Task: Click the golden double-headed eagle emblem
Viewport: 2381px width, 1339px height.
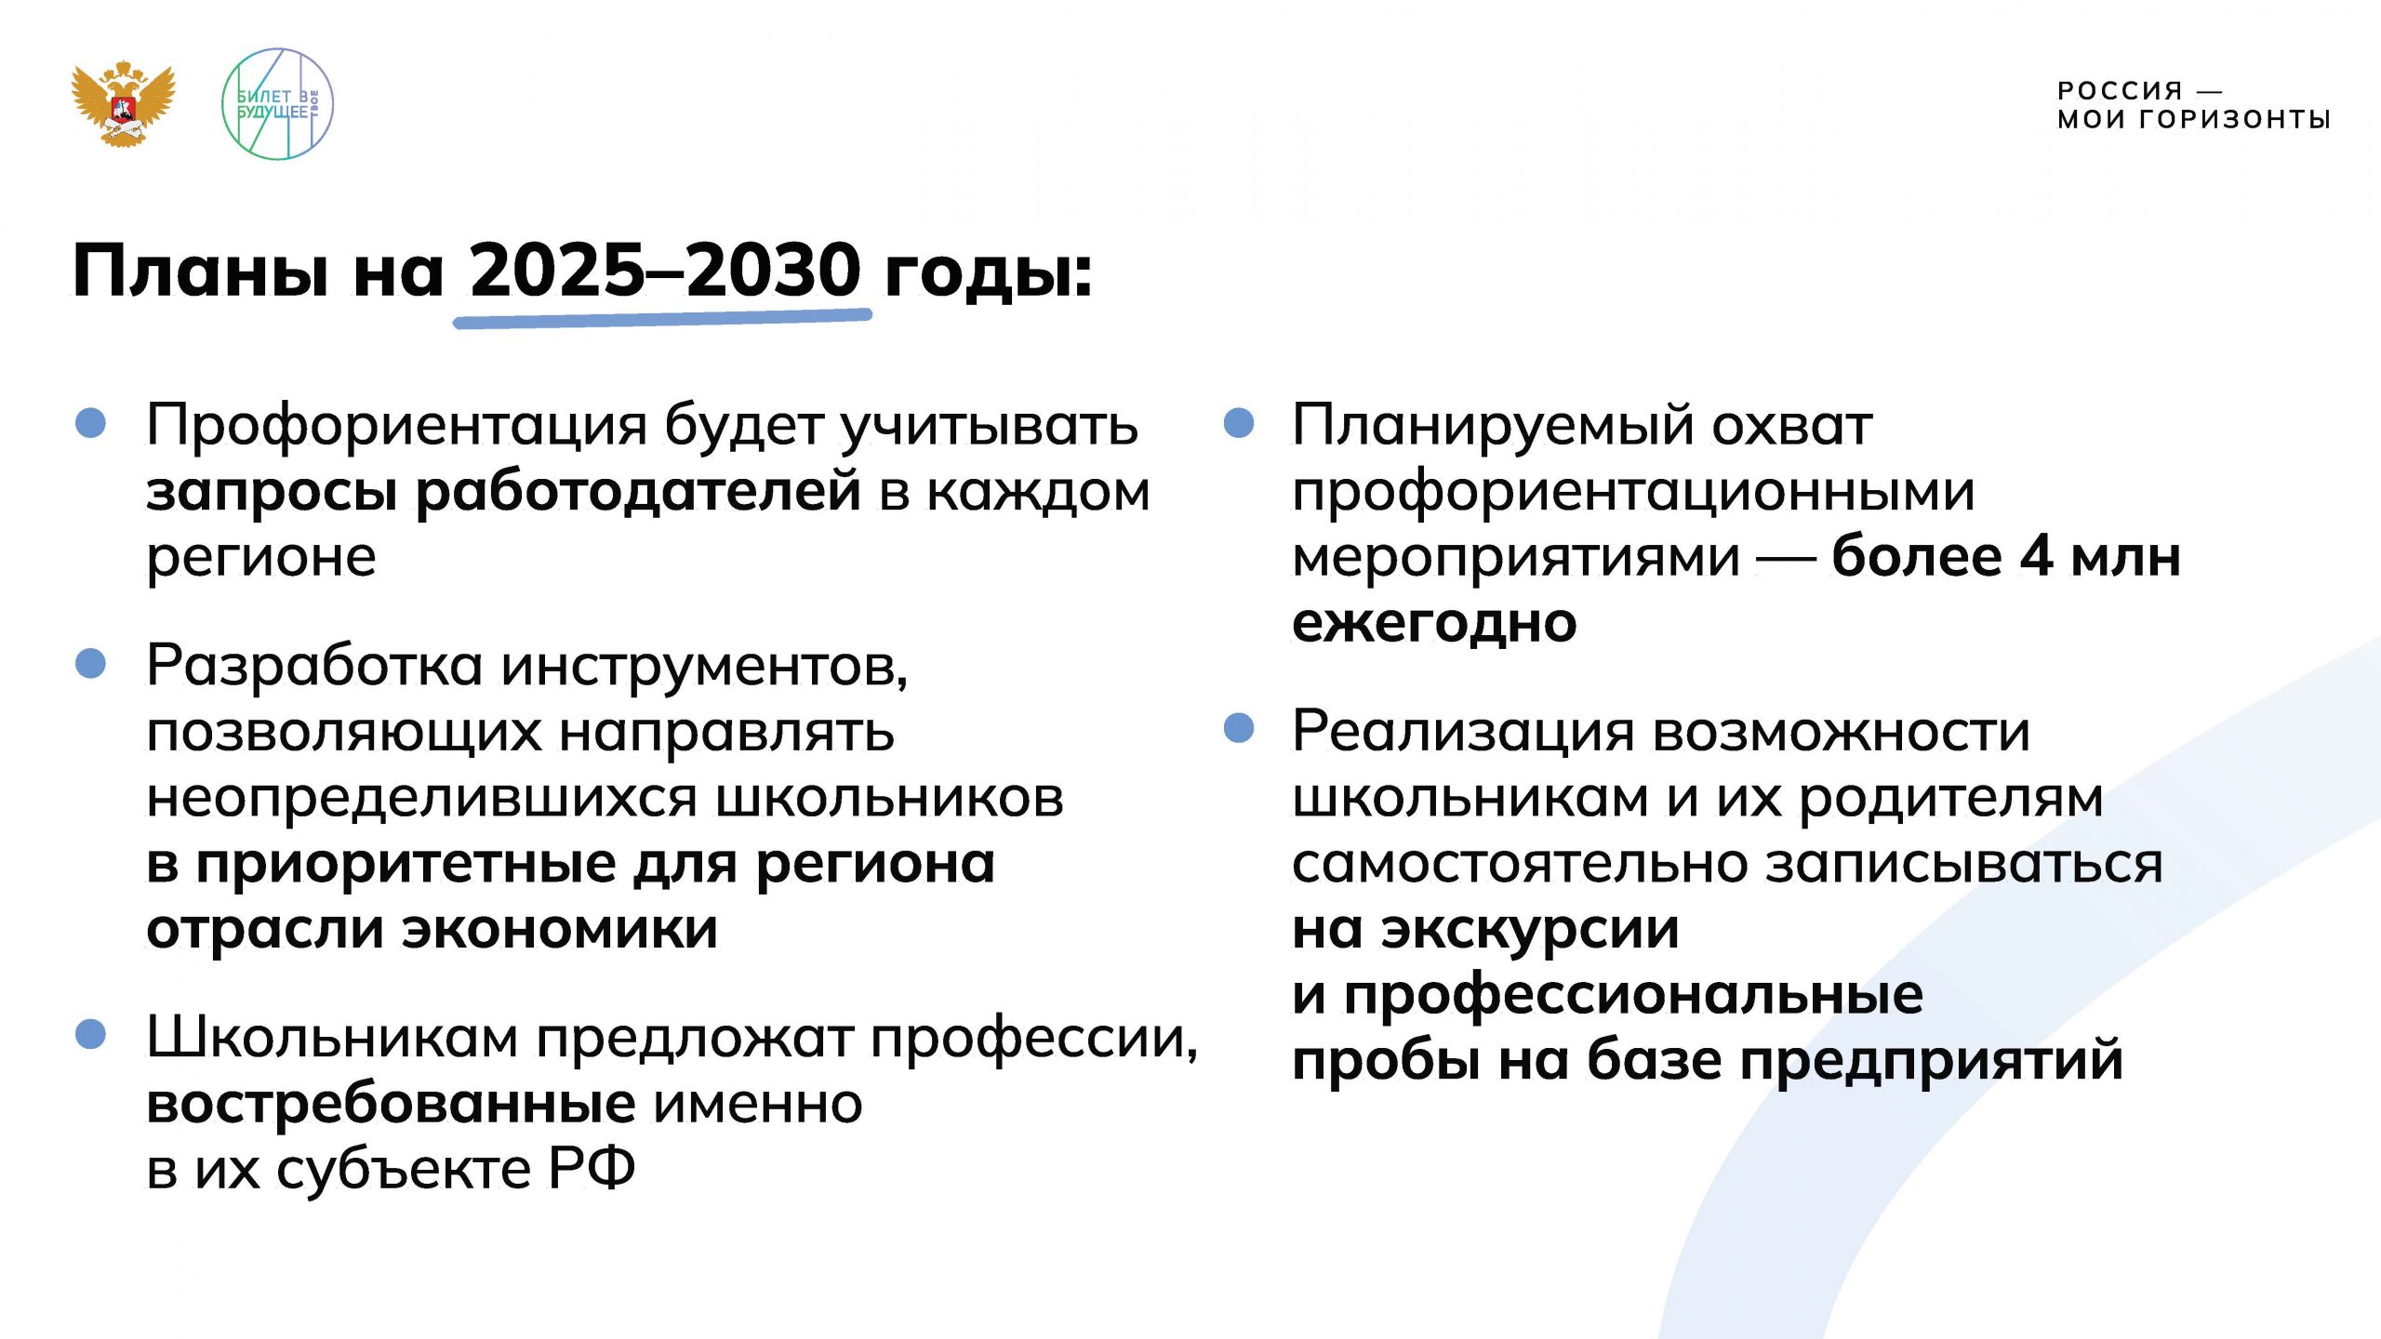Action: click(124, 103)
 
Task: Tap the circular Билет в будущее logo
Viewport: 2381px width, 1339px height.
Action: click(277, 104)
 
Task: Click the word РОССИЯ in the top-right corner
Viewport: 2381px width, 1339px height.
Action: click(2120, 90)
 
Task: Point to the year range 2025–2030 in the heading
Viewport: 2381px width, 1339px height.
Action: click(665, 271)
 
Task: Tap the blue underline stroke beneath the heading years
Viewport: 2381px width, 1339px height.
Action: click(662, 318)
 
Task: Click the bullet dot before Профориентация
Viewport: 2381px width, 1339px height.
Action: click(91, 423)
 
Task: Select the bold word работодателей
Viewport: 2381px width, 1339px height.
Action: click(638, 492)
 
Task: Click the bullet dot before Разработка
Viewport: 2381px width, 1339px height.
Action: click(91, 664)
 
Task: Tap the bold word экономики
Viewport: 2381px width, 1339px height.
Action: click(560, 929)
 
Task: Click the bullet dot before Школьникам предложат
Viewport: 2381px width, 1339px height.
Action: click(91, 1035)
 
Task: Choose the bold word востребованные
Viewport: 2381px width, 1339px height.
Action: click(392, 1104)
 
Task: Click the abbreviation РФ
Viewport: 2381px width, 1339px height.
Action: click(592, 1169)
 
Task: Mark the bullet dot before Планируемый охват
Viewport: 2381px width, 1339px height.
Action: click(1239, 423)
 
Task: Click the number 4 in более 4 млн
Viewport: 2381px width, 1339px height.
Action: click(2037, 557)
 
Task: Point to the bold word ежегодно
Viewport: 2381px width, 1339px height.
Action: click(1434, 623)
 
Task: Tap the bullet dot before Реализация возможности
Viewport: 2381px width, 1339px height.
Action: click(1239, 728)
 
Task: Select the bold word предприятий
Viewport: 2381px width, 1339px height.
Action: click(1932, 1060)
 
